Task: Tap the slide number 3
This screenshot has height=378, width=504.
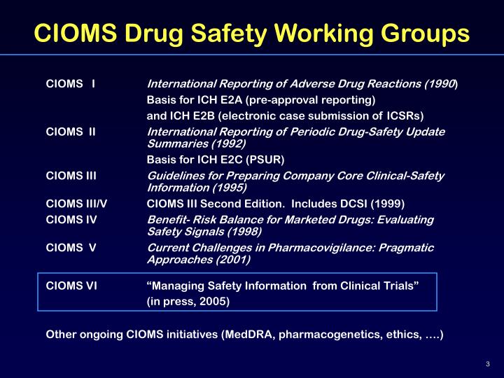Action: [x=487, y=363]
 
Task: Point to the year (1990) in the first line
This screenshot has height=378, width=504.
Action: [x=440, y=85]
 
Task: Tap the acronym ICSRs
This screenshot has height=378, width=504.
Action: [x=405, y=115]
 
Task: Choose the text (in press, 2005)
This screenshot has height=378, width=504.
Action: [x=188, y=302]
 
